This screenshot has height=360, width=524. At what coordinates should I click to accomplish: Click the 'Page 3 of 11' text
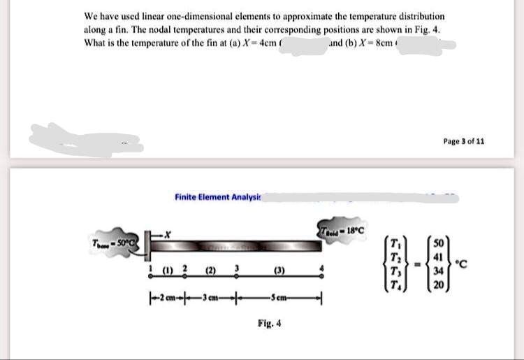(463, 141)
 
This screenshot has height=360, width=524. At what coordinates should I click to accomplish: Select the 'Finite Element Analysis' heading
(217, 197)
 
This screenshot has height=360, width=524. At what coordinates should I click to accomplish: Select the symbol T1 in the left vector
(398, 243)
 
